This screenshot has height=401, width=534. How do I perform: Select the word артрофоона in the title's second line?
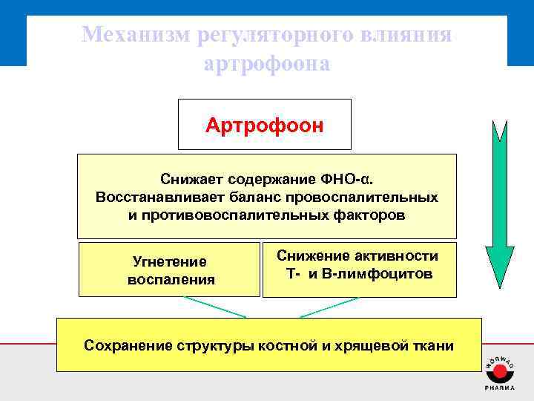click(266, 64)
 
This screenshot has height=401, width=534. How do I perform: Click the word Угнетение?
click(169, 261)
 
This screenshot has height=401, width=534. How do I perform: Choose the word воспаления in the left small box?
click(171, 280)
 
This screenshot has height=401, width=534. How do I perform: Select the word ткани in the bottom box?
click(433, 345)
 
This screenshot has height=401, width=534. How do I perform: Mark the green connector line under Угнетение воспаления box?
click(214, 307)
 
